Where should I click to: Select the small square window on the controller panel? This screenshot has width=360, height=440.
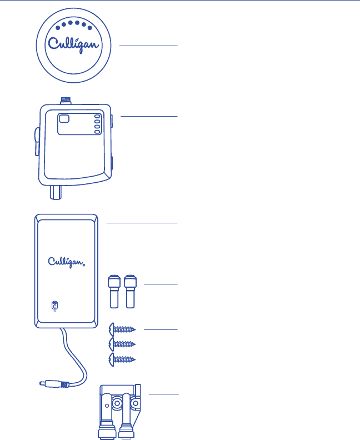click(x=64, y=118)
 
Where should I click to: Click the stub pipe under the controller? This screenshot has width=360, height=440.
click(x=56, y=193)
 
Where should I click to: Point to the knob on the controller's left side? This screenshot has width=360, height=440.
click(x=36, y=142)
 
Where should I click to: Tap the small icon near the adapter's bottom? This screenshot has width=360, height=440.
click(x=54, y=306)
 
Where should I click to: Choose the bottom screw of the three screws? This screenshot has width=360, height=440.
click(x=123, y=359)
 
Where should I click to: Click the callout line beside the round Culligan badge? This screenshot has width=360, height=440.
click(x=148, y=46)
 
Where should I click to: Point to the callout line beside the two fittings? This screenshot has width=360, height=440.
click(x=161, y=284)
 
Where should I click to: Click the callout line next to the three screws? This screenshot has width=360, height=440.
click(x=161, y=330)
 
